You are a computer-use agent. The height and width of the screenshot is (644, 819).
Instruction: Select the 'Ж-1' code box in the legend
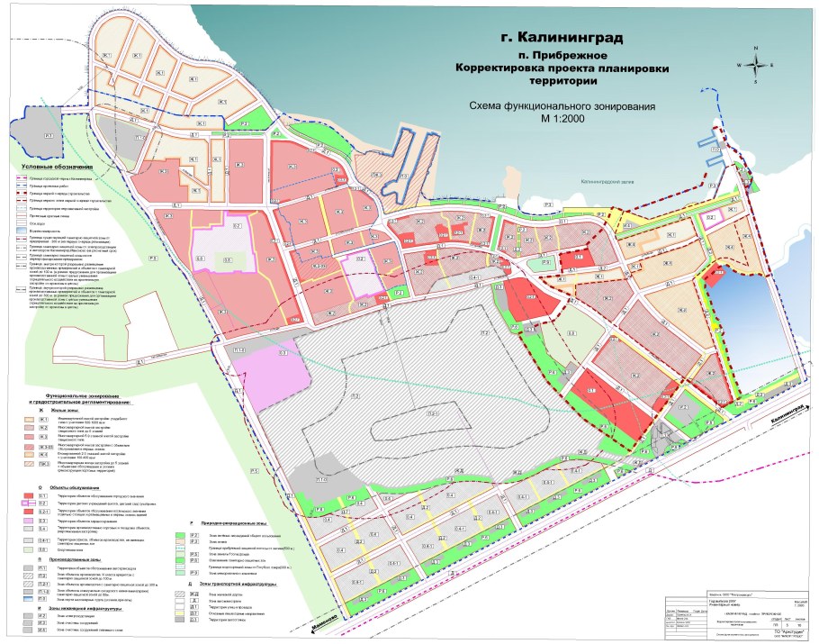pyautogui.click(x=42, y=420)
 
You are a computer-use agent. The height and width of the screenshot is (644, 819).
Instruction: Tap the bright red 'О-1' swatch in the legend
pyautogui.click(x=42, y=495)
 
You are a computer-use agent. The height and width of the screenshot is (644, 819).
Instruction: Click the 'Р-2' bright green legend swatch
pyautogui.click(x=193, y=536)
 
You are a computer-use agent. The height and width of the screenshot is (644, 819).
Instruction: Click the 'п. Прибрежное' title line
pyautogui.click(x=552, y=55)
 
